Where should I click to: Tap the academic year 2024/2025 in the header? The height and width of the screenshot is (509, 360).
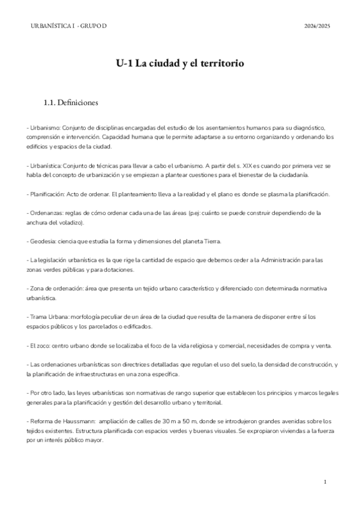point(317,26)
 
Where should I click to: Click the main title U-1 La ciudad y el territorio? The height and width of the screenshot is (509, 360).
point(179,63)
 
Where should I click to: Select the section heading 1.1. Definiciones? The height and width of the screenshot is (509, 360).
point(71,103)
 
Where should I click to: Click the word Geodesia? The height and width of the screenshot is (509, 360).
point(43,241)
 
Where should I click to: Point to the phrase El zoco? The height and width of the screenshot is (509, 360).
point(40,346)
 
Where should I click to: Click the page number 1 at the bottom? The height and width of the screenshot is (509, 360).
point(325,482)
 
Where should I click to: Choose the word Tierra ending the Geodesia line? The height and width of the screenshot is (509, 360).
point(212,241)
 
